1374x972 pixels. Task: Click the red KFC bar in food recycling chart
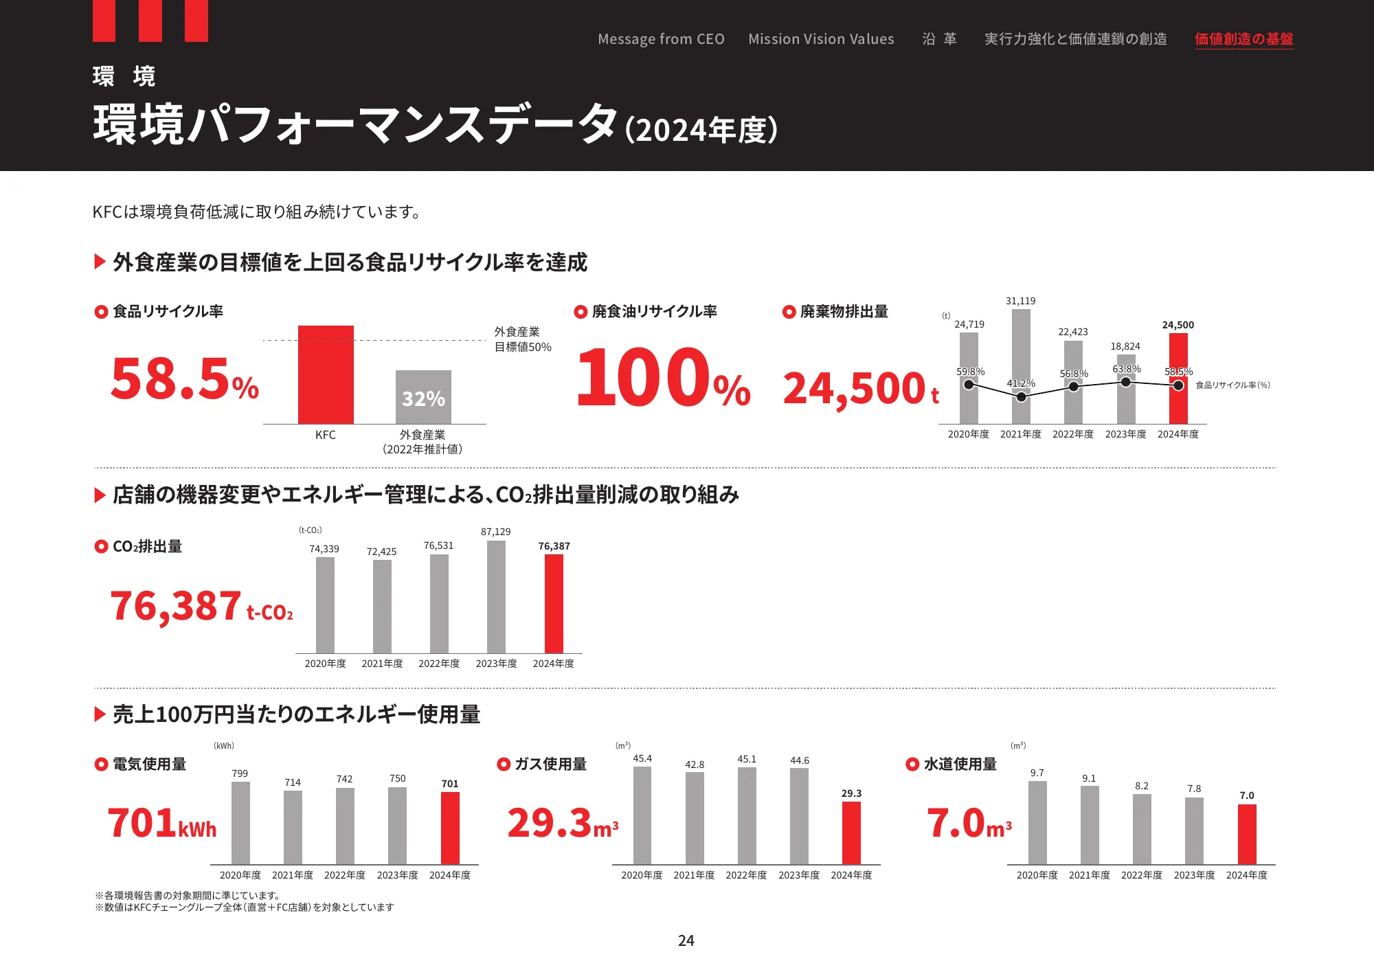(x=326, y=374)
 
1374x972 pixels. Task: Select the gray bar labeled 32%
(x=423, y=397)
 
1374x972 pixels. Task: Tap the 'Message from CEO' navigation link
(x=661, y=39)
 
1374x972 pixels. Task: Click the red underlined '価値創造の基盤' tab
(x=1243, y=39)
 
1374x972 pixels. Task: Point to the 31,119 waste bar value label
(x=1020, y=301)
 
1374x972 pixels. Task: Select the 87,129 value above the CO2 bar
(x=495, y=532)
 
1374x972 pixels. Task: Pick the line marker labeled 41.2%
(x=1022, y=397)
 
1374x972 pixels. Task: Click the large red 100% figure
(x=663, y=378)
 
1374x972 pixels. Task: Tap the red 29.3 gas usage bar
(x=851, y=833)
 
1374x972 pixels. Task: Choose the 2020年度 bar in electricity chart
(x=240, y=822)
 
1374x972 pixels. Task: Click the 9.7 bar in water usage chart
(x=1037, y=822)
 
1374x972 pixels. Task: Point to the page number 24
(x=686, y=940)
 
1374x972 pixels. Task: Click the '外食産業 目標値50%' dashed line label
(x=522, y=339)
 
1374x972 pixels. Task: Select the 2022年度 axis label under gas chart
(x=746, y=875)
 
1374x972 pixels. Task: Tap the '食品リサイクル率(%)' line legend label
(x=1232, y=385)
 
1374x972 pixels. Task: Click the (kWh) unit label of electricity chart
(x=224, y=745)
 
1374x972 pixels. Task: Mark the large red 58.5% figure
(x=184, y=379)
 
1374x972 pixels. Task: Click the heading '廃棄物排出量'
(x=844, y=312)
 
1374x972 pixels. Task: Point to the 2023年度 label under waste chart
(x=1125, y=434)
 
